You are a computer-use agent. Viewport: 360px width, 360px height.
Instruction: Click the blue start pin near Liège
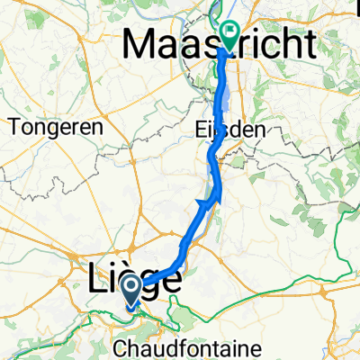click(130, 290)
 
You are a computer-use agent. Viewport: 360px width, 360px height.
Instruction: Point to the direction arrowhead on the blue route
click(204, 203)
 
